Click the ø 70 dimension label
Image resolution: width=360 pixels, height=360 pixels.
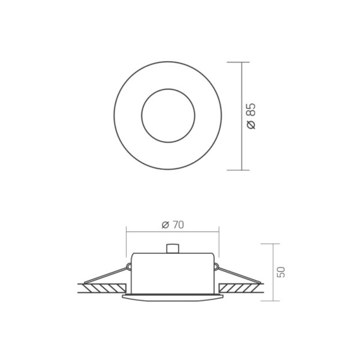[x=173, y=225]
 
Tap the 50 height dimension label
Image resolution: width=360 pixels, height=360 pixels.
[x=281, y=272]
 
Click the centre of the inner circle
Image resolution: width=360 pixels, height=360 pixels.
[x=168, y=116]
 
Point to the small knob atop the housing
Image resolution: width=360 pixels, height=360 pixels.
[x=172, y=249]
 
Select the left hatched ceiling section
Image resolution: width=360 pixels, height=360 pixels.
[x=105, y=287]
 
